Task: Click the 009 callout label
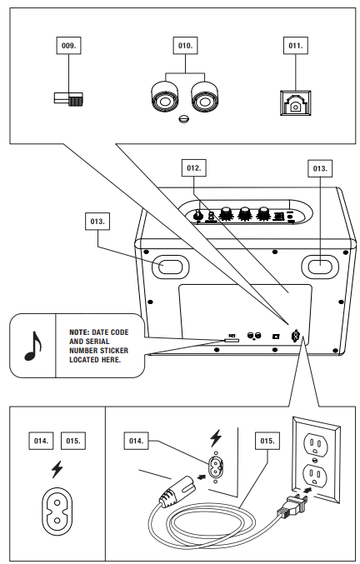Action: (68, 46)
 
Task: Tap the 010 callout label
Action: (185, 46)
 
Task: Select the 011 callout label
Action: (296, 46)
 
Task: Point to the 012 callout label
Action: (194, 168)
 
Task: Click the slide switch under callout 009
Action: (68, 99)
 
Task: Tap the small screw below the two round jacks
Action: (183, 118)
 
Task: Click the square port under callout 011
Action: (296, 102)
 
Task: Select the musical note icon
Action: (33, 346)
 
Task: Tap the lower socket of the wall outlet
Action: (316, 476)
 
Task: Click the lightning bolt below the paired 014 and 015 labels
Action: (57, 469)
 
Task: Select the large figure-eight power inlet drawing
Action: (57, 512)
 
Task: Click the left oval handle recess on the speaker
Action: (171, 267)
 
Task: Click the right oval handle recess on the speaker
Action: (320, 267)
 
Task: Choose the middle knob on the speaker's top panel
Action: (244, 213)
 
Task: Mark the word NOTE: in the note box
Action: (79, 332)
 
